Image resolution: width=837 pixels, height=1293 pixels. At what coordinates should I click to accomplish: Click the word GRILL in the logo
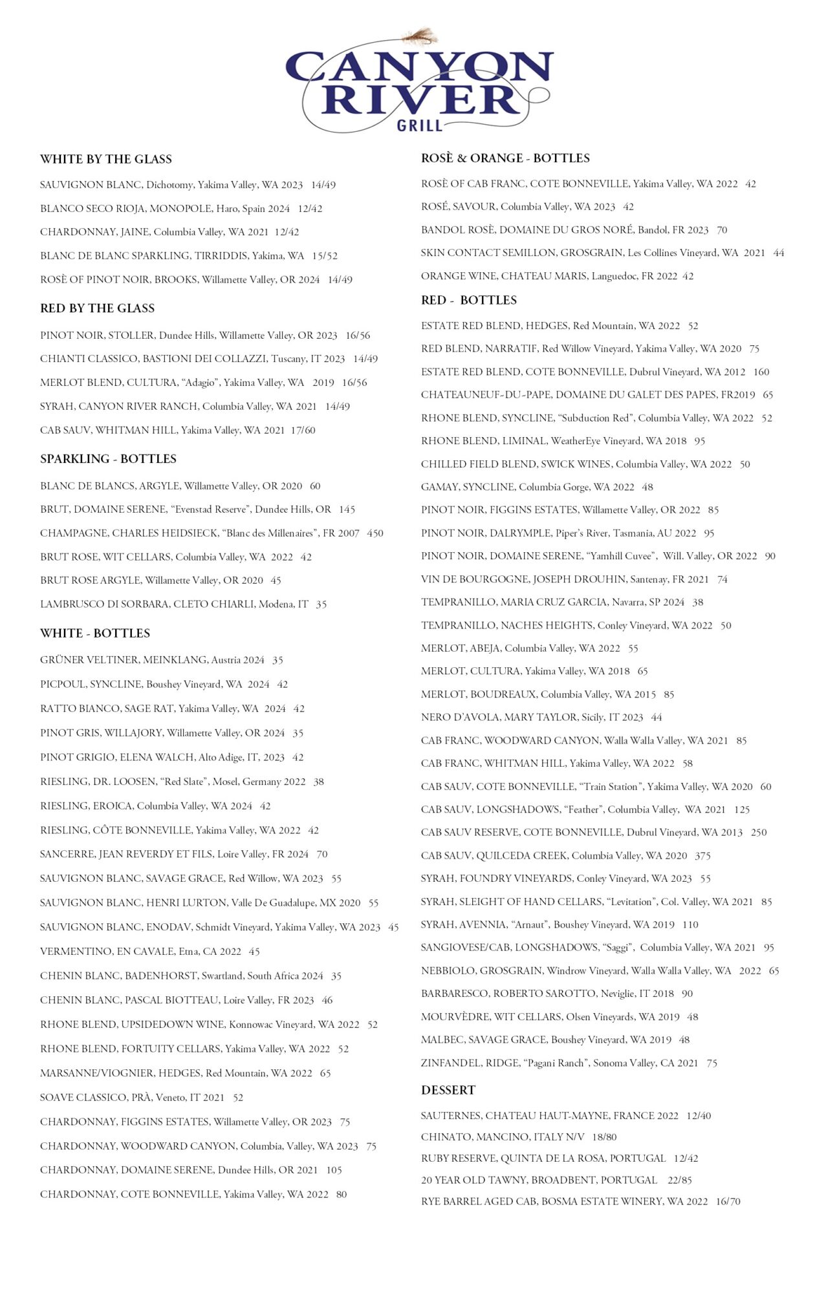pyautogui.click(x=419, y=125)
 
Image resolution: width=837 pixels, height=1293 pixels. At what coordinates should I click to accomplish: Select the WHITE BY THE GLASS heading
pyautogui.click(x=105, y=159)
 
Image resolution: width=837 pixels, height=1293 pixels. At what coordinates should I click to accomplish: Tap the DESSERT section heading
pyautogui.click(x=448, y=1090)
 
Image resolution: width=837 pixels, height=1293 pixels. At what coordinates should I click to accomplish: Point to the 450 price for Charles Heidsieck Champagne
pyautogui.click(x=375, y=533)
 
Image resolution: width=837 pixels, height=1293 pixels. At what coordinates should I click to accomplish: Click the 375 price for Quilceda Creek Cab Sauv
pyautogui.click(x=702, y=855)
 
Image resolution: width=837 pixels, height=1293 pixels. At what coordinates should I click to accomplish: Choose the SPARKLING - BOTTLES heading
pyautogui.click(x=108, y=459)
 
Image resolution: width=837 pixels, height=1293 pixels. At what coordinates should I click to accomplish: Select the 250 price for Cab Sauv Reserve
pyautogui.click(x=759, y=832)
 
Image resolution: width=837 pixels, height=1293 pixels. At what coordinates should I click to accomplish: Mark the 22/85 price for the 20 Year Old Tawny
pyautogui.click(x=679, y=1180)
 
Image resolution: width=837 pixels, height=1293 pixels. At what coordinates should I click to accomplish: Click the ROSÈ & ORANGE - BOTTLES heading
pyautogui.click(x=505, y=158)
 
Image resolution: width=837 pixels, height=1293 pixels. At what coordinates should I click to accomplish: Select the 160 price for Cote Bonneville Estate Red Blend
pyautogui.click(x=761, y=372)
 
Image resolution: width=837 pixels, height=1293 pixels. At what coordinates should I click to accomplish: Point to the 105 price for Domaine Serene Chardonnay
pyautogui.click(x=334, y=1170)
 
